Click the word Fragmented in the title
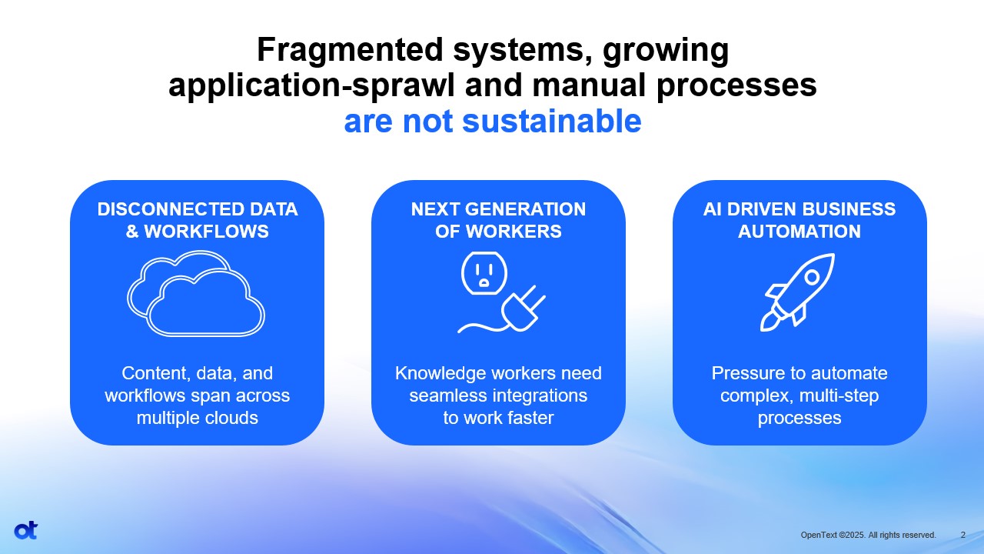click(x=350, y=50)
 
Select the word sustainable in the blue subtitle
click(x=552, y=121)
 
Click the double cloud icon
click(x=196, y=294)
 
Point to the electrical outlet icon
click(x=484, y=273)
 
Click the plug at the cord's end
click(x=523, y=309)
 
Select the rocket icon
click(x=797, y=292)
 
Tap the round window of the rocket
click(x=813, y=277)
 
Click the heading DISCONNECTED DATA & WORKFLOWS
click(x=198, y=220)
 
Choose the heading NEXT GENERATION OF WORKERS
click(x=498, y=220)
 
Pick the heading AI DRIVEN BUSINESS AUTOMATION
click(x=799, y=220)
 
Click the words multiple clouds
click(x=198, y=418)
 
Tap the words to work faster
click(x=498, y=418)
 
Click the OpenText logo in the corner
click(x=26, y=531)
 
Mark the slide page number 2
click(x=963, y=535)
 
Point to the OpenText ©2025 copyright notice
click(x=868, y=535)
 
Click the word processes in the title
click(x=736, y=85)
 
